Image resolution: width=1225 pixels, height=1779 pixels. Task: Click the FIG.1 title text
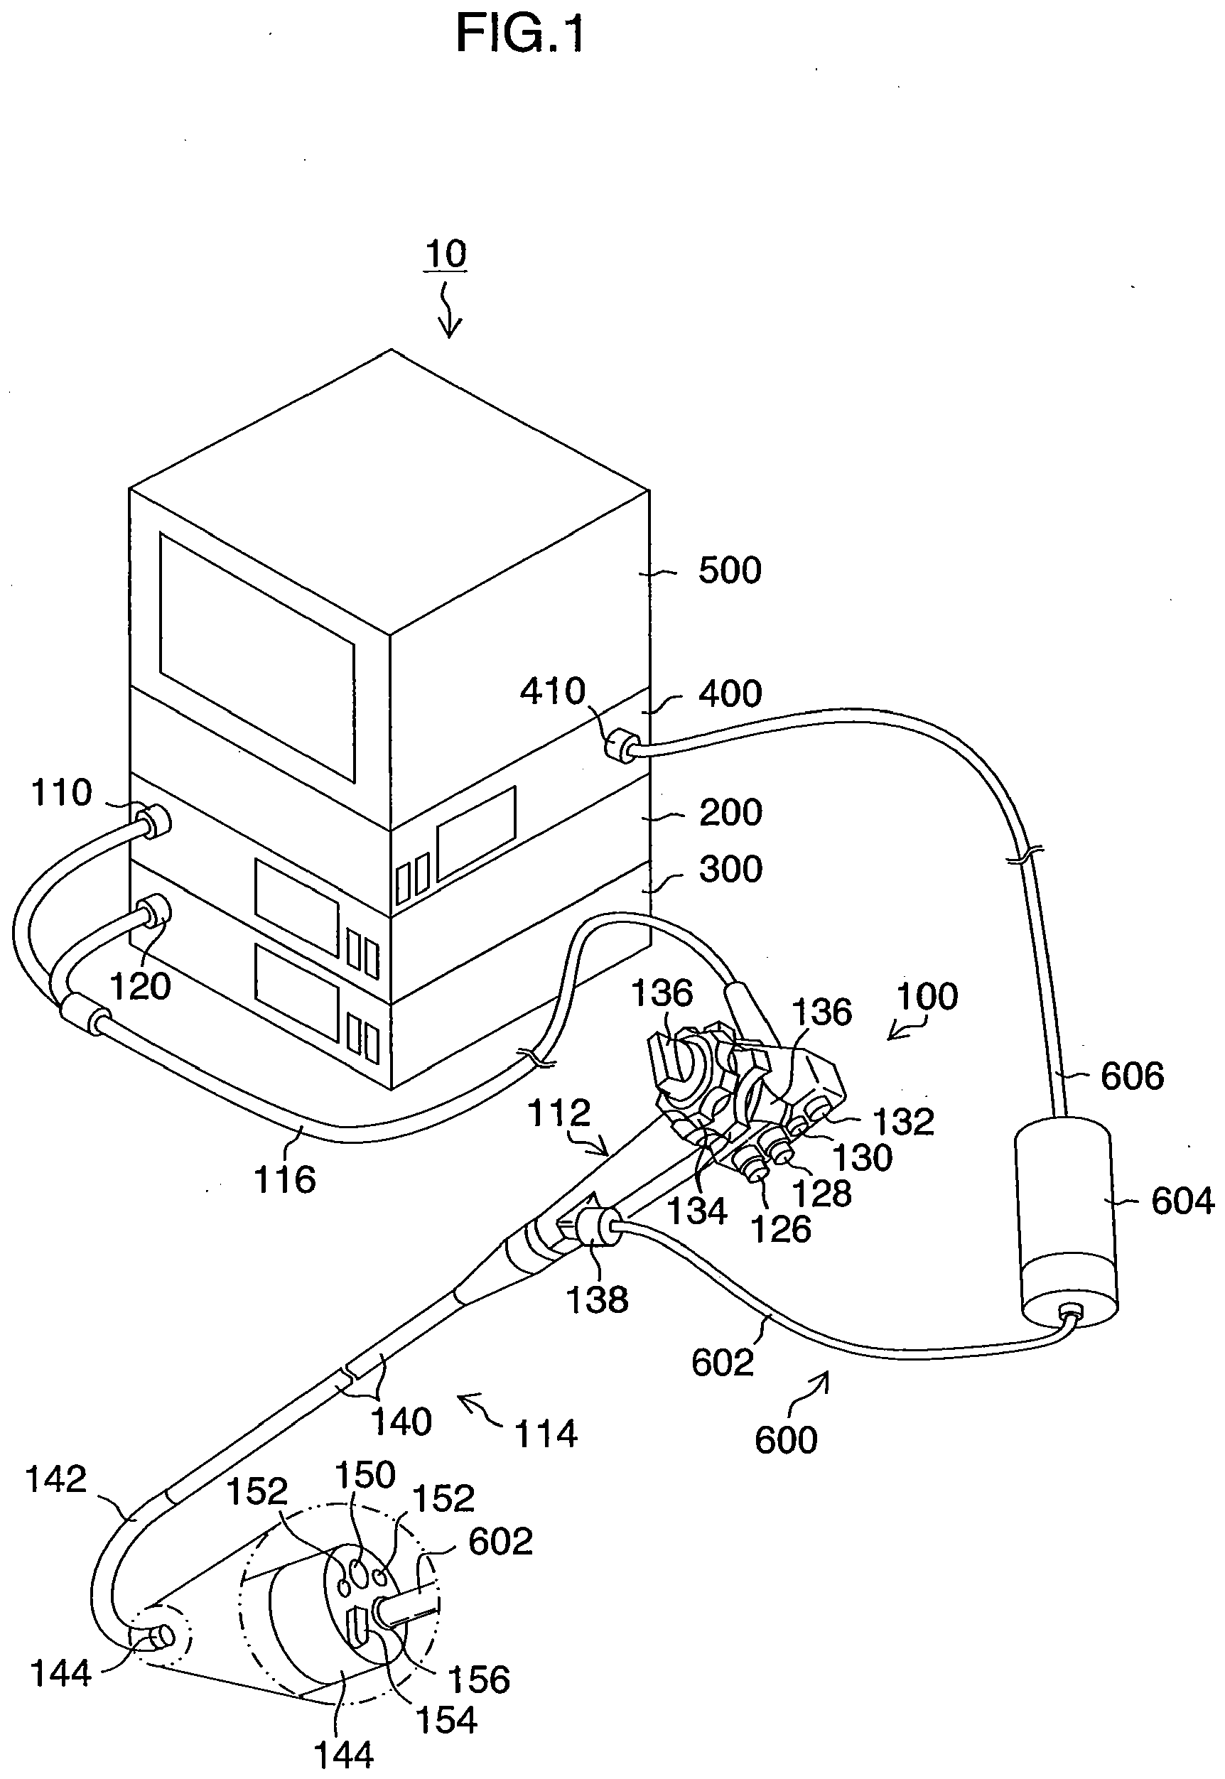(x=520, y=35)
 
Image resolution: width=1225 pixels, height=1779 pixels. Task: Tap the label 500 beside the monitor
(x=729, y=571)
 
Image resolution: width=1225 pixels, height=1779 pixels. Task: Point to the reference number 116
(x=285, y=1179)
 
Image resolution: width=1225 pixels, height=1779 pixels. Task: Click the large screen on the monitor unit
(x=257, y=658)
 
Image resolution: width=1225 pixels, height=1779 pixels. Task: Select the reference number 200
(x=730, y=812)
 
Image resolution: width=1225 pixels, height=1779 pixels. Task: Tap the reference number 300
(x=730, y=870)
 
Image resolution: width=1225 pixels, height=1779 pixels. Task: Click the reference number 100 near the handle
(x=927, y=996)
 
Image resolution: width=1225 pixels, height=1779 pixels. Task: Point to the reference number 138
(x=597, y=1299)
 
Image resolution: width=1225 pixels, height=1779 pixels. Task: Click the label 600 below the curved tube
(x=786, y=1440)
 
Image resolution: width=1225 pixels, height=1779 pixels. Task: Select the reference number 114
(x=546, y=1434)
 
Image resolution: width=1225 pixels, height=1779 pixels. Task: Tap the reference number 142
(x=56, y=1479)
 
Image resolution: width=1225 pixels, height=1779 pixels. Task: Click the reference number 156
(x=479, y=1680)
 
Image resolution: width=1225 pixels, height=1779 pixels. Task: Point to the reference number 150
(x=365, y=1474)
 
